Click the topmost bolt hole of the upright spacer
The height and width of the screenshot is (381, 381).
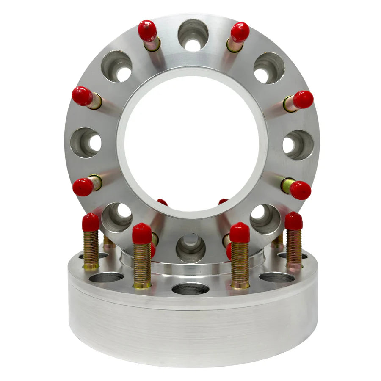193,35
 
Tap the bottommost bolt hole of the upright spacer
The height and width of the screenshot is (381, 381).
190,248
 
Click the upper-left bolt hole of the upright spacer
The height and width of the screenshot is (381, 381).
116,66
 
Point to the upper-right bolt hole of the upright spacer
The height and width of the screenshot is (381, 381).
269,68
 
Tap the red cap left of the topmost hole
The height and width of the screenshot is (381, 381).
147,31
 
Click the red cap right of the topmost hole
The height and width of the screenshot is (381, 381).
240,32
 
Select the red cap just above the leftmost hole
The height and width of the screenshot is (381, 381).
82,96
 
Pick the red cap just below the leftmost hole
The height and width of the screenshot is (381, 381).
83,187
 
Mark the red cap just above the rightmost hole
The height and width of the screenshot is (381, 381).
303,99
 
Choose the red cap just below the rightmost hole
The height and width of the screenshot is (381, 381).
301,190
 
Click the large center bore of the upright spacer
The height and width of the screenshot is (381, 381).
193,144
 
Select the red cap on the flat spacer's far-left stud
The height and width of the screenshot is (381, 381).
91,222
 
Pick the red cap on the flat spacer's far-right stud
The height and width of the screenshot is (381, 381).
293,221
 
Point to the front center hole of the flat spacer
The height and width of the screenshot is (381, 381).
190,289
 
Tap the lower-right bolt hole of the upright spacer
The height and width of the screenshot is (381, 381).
265,218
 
